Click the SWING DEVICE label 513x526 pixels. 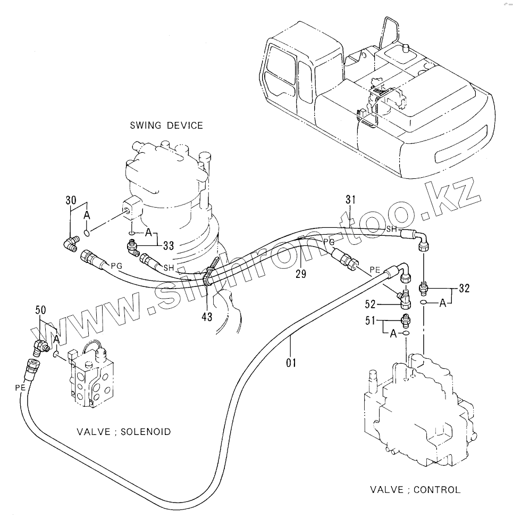click(x=166, y=126)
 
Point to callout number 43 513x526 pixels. click(x=207, y=316)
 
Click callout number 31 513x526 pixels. click(x=350, y=200)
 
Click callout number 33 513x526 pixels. click(x=169, y=245)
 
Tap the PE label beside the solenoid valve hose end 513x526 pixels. click(x=21, y=388)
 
